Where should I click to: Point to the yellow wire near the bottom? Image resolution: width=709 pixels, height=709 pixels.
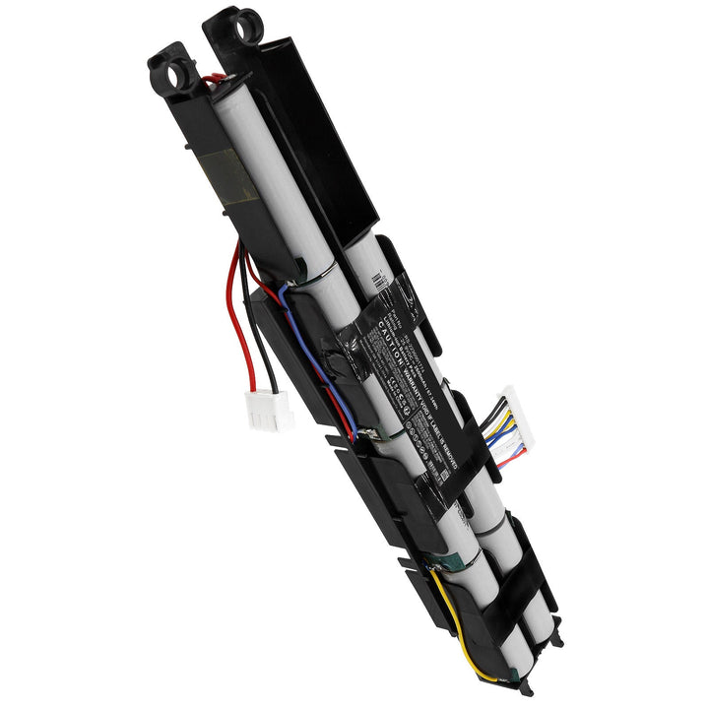pyautogui.click(x=463, y=630)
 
